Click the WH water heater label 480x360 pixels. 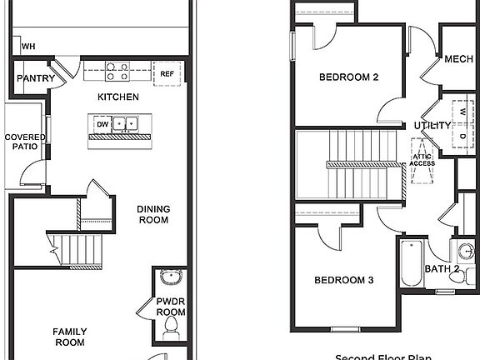click(28, 47)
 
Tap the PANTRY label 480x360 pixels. click(36, 80)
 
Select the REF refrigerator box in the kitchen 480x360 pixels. click(167, 73)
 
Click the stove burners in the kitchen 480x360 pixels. click(118, 72)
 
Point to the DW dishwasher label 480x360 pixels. click(102, 124)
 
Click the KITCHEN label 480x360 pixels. click(118, 97)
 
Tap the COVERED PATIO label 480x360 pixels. click(24, 142)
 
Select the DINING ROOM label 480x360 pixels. click(152, 215)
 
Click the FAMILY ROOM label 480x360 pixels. click(71, 337)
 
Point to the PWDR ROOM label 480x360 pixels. click(170, 307)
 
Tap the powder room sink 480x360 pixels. click(170, 278)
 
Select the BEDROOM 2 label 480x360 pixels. click(349, 77)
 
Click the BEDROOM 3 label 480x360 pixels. click(343, 280)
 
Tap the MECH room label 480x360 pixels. click(458, 59)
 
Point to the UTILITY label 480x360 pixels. click(432, 126)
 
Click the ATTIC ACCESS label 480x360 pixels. click(422, 159)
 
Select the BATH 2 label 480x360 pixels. click(442, 269)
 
